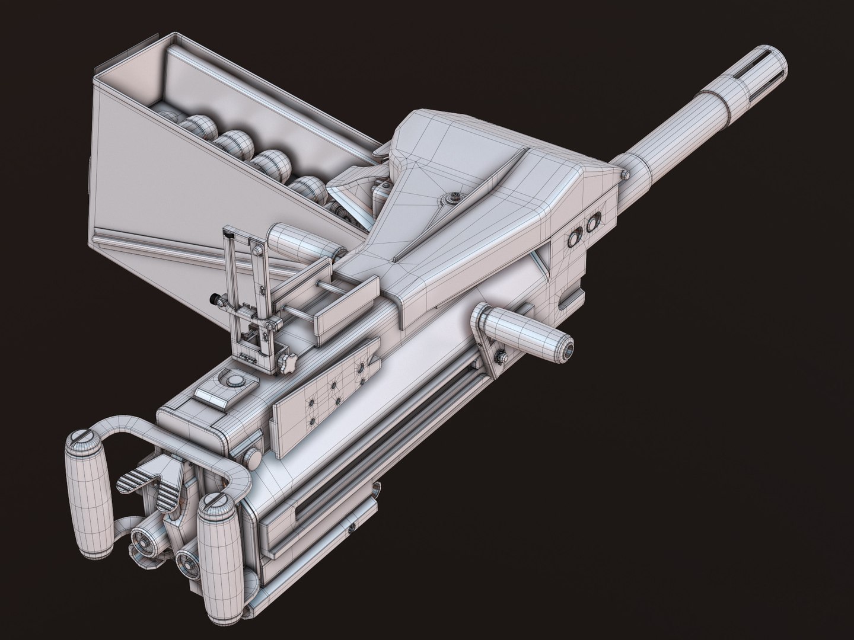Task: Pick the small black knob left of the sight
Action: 212,299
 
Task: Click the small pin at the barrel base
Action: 624,174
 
